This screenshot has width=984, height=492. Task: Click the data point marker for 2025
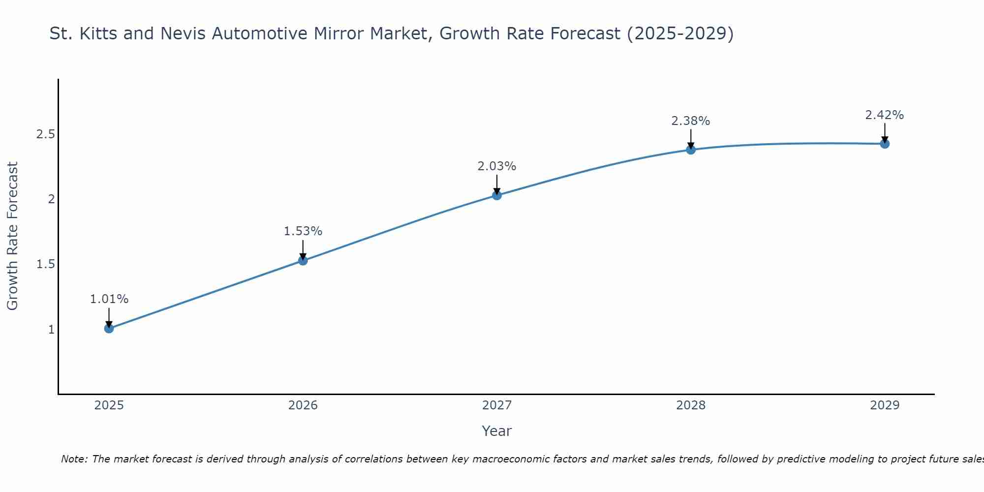(x=109, y=328)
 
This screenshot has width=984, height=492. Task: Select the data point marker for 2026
(x=303, y=260)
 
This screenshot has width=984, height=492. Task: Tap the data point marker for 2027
(x=497, y=195)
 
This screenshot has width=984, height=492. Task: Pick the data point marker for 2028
(x=691, y=150)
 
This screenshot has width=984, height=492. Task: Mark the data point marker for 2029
(x=885, y=144)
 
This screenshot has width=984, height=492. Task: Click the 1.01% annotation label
(x=109, y=299)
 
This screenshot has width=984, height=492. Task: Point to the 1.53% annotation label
(x=303, y=231)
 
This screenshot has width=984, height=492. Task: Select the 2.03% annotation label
(x=497, y=166)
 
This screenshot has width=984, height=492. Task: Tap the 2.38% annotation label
(x=691, y=121)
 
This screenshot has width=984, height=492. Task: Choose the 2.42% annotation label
(x=885, y=115)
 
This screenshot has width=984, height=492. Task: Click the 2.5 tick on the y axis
(x=45, y=134)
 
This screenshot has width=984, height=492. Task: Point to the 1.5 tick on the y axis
(x=45, y=264)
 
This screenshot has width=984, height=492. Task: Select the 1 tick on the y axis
(x=51, y=329)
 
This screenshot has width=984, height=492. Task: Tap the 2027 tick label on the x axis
(x=497, y=405)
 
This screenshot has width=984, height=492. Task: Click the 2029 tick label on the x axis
(x=885, y=405)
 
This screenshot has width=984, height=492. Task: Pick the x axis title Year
(x=497, y=431)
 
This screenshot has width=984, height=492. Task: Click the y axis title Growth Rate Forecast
(x=13, y=236)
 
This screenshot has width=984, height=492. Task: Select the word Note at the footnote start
(x=74, y=459)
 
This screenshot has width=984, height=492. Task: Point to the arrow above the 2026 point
(x=303, y=248)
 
